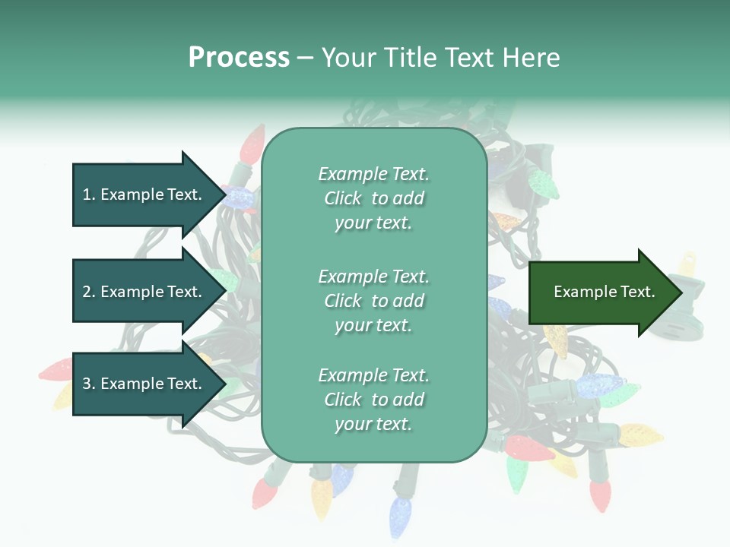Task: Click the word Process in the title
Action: pos(239,58)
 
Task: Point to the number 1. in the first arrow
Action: pos(89,194)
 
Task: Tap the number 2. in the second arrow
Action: pos(89,292)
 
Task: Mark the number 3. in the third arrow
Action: pos(89,384)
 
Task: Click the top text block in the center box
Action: pos(373,198)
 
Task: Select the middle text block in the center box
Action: pos(373,301)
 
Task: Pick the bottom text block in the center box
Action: pos(373,400)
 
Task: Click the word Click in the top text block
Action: pos(343,198)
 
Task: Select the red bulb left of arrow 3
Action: pos(56,371)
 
